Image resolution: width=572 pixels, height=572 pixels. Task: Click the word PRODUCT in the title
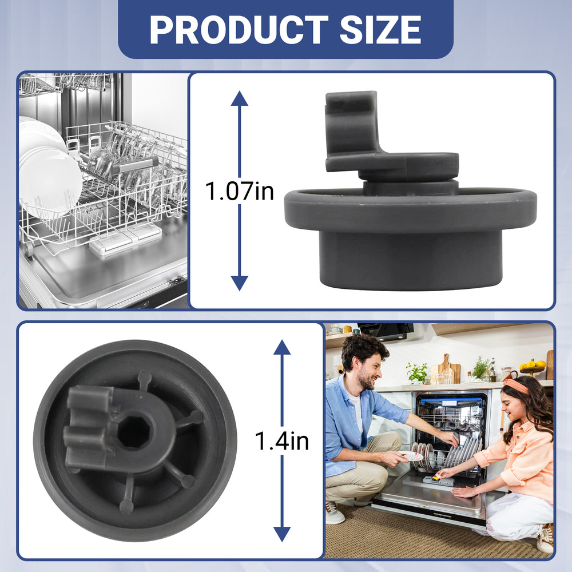click(x=239, y=30)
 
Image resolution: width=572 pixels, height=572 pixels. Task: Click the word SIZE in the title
click(x=380, y=30)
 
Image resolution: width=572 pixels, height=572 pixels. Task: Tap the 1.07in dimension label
click(x=239, y=191)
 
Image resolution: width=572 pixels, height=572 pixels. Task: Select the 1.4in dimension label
click(x=281, y=440)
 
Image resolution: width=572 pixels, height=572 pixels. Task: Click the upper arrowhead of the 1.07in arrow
click(x=239, y=98)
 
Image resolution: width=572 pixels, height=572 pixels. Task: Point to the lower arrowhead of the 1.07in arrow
click(x=239, y=283)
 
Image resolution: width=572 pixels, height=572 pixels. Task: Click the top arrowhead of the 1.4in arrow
click(x=282, y=347)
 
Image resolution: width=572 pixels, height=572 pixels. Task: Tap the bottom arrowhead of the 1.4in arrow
click(x=282, y=534)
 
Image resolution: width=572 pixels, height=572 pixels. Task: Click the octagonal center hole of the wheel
click(x=133, y=432)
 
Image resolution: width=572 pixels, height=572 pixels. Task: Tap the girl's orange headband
click(x=516, y=386)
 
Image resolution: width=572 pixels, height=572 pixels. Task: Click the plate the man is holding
click(x=410, y=456)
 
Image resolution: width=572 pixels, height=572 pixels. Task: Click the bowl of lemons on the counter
click(x=533, y=367)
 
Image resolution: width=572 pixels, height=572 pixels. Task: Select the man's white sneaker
click(x=334, y=513)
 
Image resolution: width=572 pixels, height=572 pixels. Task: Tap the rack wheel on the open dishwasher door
click(x=27, y=249)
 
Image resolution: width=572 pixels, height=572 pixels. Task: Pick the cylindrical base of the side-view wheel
click(x=410, y=260)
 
